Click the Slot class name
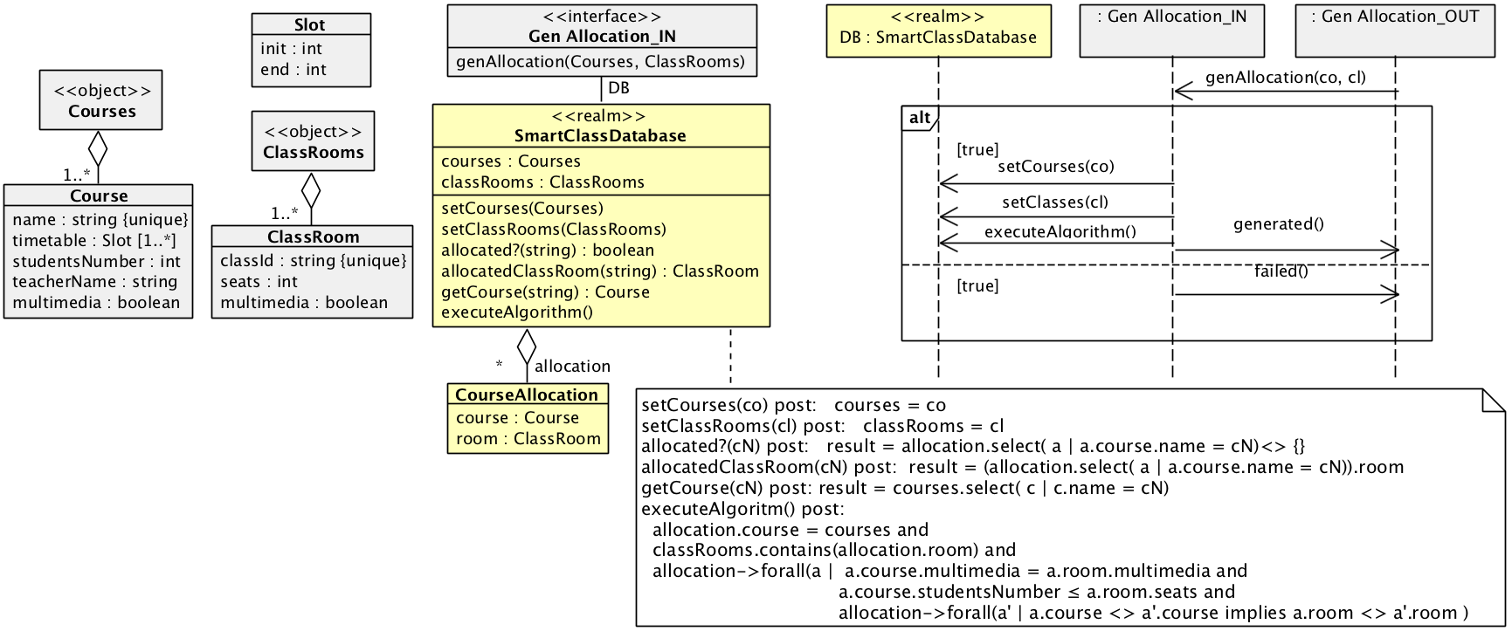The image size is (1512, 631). (x=310, y=25)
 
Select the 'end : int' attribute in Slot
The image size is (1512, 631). (x=293, y=70)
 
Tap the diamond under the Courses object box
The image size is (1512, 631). (x=98, y=148)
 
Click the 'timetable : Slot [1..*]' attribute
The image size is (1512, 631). (x=93, y=241)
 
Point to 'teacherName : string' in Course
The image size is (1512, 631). (x=94, y=282)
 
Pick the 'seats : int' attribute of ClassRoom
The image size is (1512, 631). (x=259, y=282)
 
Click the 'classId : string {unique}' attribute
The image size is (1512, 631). (x=313, y=261)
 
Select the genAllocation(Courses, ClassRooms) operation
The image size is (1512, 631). (x=600, y=62)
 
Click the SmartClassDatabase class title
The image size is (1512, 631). (x=600, y=136)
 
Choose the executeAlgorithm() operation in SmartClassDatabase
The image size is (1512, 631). (x=517, y=312)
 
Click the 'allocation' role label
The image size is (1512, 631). (x=572, y=367)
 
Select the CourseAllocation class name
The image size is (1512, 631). (x=527, y=395)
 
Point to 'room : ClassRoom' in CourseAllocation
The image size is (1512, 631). (x=528, y=439)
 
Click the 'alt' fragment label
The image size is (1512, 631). (x=919, y=118)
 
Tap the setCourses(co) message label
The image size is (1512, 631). (x=1055, y=167)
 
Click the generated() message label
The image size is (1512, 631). (x=1278, y=224)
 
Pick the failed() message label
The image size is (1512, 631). (x=1281, y=271)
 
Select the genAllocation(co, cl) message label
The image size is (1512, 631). (x=1285, y=78)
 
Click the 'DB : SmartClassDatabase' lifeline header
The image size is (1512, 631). (x=938, y=38)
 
